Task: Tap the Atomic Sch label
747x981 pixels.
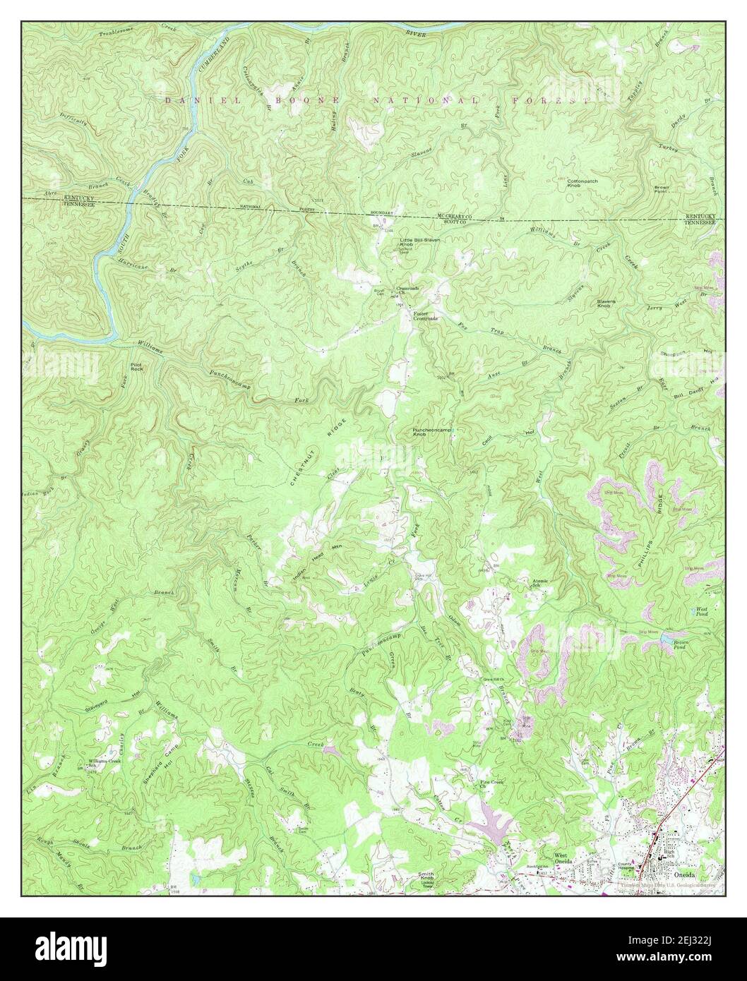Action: click(x=539, y=583)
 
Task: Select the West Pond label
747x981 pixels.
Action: click(x=701, y=610)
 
